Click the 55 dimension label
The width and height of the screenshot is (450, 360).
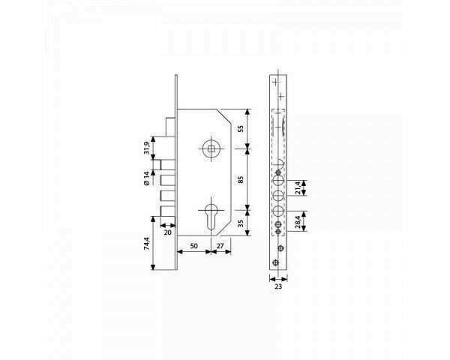(241, 129)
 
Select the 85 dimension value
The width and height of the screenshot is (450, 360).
(241, 180)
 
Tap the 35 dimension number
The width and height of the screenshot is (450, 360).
(241, 223)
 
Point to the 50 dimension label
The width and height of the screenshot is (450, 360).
(194, 246)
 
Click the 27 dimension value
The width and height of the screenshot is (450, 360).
(220, 246)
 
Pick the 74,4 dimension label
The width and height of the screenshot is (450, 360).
(147, 244)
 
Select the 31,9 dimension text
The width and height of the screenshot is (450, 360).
(147, 148)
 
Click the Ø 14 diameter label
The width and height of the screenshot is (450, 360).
(147, 178)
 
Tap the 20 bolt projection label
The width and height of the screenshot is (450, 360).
(167, 232)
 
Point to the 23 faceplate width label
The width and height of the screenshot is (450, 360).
(278, 286)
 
